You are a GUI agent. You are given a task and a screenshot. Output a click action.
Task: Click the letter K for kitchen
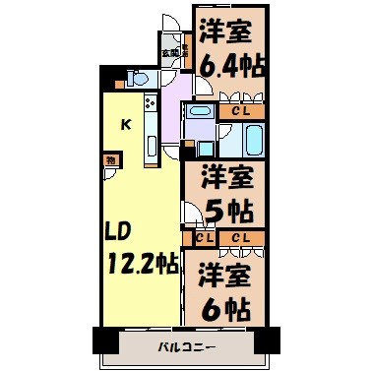(x=126, y=124)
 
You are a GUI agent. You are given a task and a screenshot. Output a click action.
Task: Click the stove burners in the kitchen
(x=151, y=102)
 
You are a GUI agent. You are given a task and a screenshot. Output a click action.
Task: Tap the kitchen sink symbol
(x=151, y=147)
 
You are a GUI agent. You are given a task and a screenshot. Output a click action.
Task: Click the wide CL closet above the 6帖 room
(x=240, y=237)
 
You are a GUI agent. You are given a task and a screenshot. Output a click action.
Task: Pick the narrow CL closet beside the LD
(x=203, y=237)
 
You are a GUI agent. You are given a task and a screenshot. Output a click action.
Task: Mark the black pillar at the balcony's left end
(x=104, y=340)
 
